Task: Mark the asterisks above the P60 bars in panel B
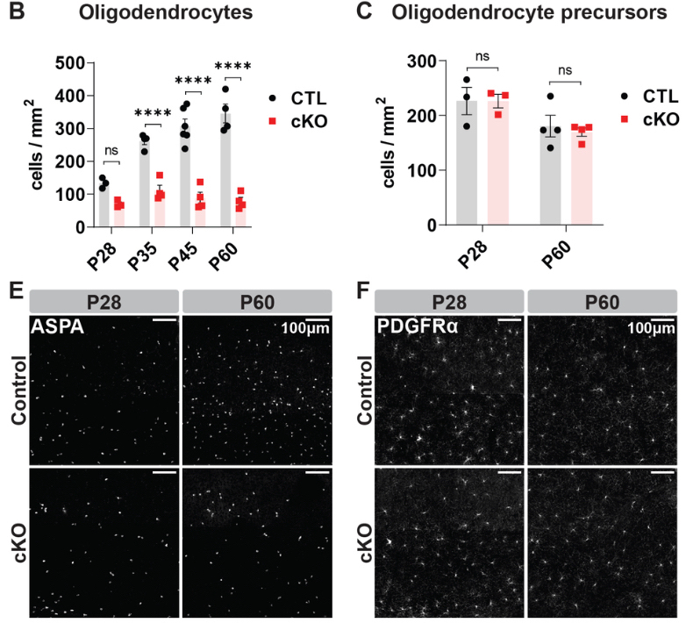[232, 67]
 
